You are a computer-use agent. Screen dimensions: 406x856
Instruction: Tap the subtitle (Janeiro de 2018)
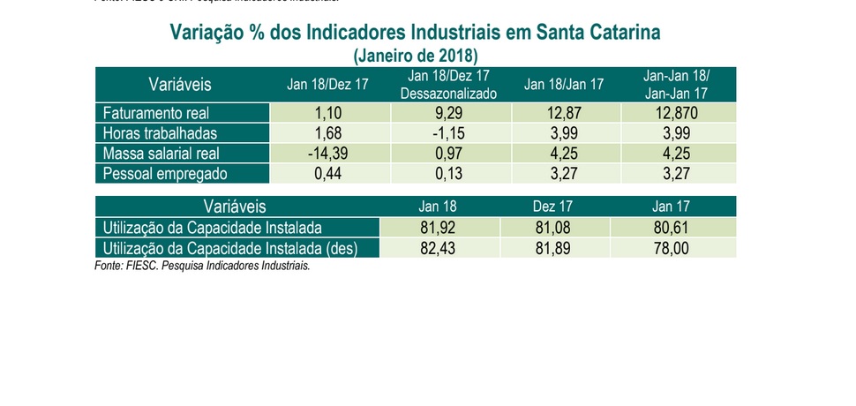(x=415, y=56)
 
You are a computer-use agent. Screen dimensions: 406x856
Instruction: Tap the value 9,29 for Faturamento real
(x=449, y=114)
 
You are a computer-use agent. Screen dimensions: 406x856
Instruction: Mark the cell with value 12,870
(x=678, y=114)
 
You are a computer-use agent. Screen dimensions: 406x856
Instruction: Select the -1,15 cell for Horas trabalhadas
(x=449, y=133)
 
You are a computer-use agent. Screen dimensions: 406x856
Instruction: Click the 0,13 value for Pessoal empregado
(x=449, y=173)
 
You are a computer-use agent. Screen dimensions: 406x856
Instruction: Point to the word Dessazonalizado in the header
(x=449, y=93)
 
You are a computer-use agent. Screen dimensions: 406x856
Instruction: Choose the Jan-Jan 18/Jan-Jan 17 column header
(x=678, y=85)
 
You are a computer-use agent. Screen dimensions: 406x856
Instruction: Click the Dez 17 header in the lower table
(x=553, y=207)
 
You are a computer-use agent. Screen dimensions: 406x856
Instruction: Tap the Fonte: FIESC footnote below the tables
(x=202, y=265)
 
